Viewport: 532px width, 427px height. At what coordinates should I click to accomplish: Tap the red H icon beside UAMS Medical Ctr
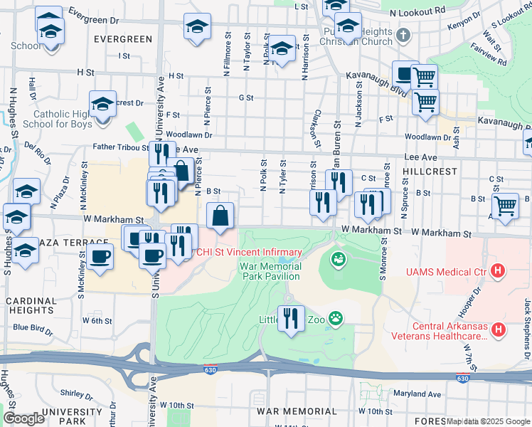(x=498, y=271)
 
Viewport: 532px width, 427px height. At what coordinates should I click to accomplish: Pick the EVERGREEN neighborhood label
(x=122, y=39)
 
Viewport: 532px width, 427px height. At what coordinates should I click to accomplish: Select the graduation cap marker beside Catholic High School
(x=102, y=104)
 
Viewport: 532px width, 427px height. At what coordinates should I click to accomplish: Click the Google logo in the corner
(x=23, y=418)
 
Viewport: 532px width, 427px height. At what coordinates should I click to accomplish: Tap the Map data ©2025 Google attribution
(x=488, y=421)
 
